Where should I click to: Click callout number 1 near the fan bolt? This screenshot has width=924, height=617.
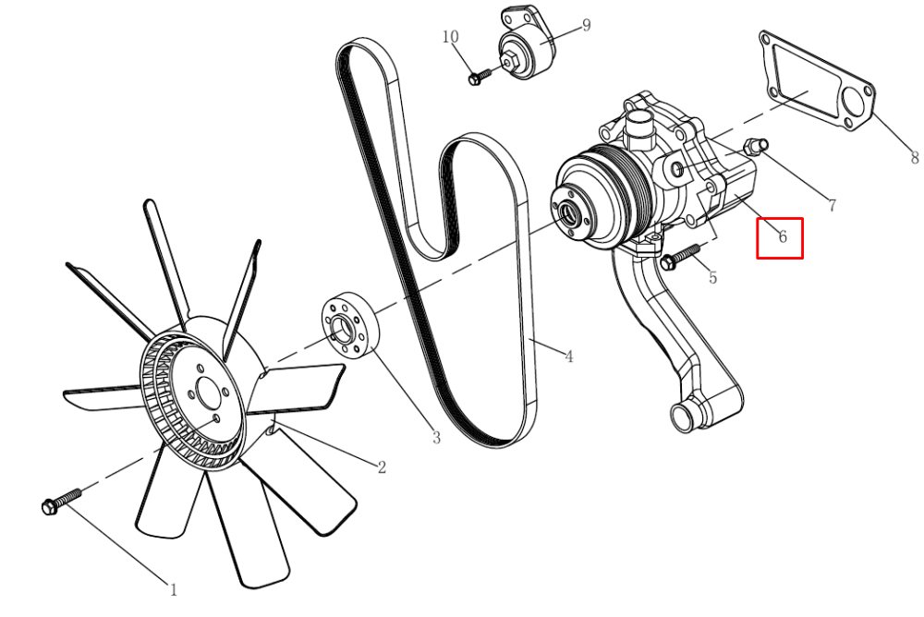[x=174, y=589]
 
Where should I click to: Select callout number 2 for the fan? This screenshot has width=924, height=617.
[x=382, y=467]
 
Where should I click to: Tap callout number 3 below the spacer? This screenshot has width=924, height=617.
[x=436, y=438]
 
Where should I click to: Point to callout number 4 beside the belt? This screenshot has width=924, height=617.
[x=568, y=356]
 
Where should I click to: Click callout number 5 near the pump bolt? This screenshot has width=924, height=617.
[x=713, y=277]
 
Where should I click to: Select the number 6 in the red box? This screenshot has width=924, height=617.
[x=783, y=236]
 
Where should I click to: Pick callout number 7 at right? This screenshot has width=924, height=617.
[x=833, y=206]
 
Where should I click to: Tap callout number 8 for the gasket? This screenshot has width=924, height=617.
[x=914, y=157]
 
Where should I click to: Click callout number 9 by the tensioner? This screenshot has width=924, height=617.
[x=586, y=25]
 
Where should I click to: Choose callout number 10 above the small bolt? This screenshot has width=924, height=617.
[x=450, y=37]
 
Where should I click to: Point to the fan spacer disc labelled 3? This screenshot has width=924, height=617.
[x=350, y=325]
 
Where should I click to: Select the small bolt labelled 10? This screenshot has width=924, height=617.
[x=480, y=77]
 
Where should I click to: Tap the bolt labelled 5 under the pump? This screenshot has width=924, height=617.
[x=681, y=258]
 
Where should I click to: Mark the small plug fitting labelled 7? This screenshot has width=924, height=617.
[x=756, y=146]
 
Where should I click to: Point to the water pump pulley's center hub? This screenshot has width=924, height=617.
[x=569, y=212]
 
